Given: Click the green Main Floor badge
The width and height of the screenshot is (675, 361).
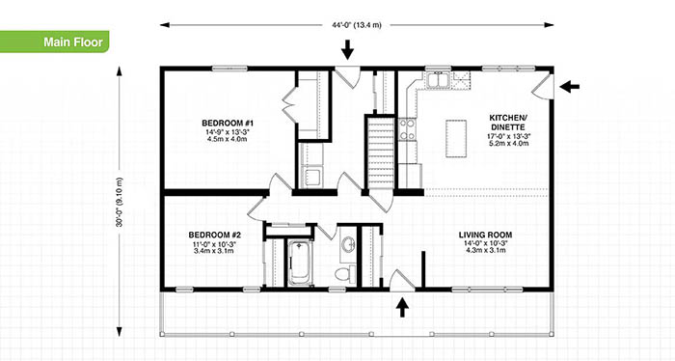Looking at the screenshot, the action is [54, 42].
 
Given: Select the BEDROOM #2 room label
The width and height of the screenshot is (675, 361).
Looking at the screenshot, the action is [214, 236].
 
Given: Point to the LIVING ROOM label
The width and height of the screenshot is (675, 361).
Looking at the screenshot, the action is [485, 236].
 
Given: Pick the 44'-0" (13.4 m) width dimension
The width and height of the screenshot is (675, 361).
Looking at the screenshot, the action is [357, 25].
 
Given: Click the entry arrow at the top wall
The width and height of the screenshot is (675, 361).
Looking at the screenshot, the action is [347, 48].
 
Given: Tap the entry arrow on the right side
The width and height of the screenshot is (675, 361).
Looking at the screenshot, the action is [569, 87].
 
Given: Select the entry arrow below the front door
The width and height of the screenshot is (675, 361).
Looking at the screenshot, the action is [402, 307].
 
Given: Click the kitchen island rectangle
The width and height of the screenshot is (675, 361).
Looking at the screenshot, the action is [456, 139].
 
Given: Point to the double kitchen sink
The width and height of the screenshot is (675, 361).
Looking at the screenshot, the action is [438, 80].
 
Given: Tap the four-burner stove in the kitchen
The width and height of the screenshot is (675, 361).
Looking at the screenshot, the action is [408, 129].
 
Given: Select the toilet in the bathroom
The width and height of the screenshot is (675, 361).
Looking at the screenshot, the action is [345, 274].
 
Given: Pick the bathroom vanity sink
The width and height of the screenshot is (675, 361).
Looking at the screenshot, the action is [348, 245].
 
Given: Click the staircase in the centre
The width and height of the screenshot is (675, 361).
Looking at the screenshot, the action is [381, 152].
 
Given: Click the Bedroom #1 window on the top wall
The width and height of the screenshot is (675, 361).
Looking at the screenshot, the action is [229, 69].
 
